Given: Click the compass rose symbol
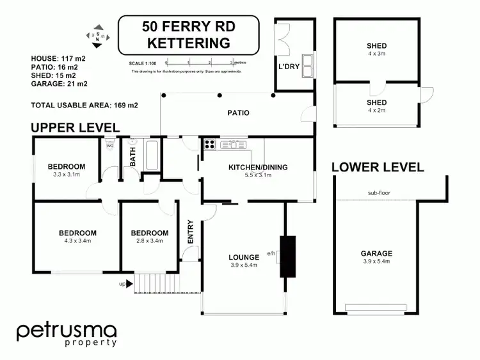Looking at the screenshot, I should [97, 37].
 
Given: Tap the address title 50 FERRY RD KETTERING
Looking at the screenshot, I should [188, 36].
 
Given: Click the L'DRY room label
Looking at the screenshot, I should [289, 66].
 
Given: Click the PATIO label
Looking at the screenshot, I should [238, 113].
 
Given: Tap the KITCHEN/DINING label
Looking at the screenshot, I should [259, 168].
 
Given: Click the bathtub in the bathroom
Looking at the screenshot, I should [152, 154].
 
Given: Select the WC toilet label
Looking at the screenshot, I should [109, 146].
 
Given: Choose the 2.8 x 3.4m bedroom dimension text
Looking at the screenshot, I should [149, 241].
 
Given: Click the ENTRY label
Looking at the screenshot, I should [190, 231].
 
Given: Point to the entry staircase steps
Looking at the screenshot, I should [154, 283].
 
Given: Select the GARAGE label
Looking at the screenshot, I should [376, 253].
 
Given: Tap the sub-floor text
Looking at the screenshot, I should [379, 192].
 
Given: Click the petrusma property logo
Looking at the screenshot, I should [67, 334].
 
